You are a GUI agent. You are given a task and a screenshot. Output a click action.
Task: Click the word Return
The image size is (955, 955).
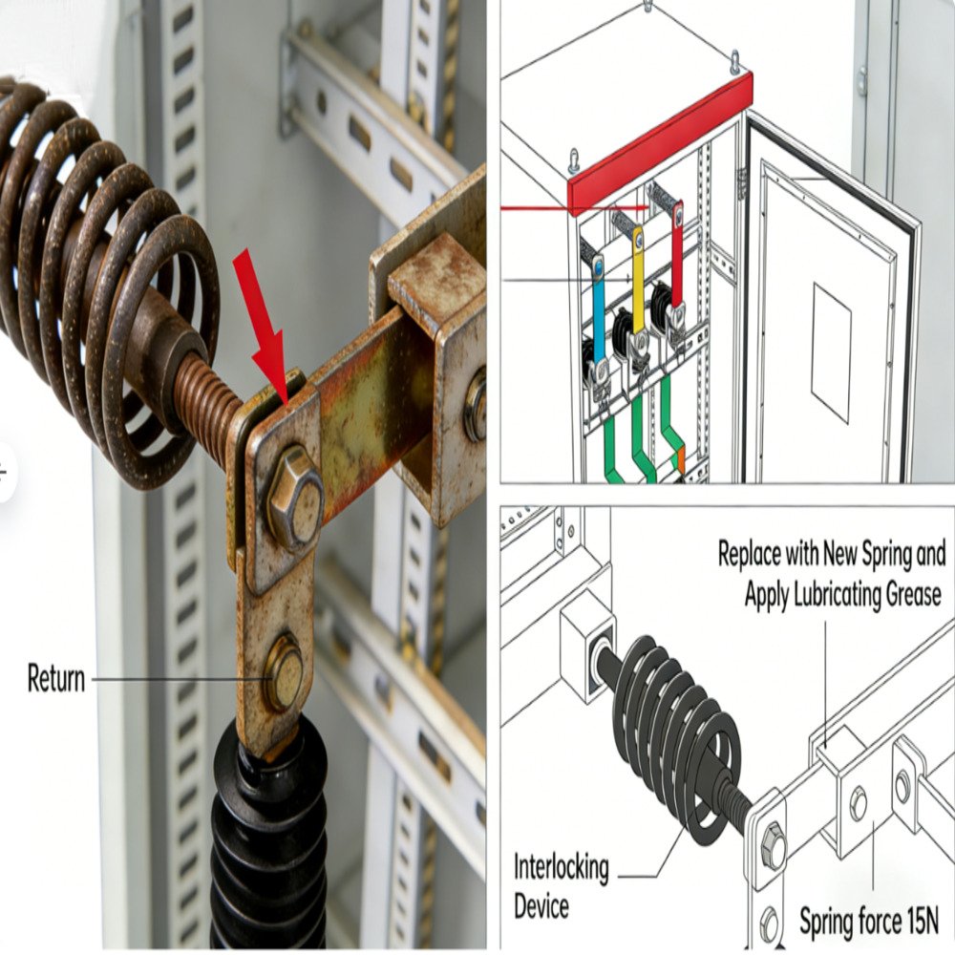point(55,679)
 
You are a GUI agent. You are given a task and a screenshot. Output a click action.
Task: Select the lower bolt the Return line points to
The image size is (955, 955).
point(284,672)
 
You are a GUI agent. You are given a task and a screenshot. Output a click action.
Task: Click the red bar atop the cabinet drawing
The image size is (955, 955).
point(659,143)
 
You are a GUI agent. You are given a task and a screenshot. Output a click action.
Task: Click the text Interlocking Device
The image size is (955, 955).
point(561,883)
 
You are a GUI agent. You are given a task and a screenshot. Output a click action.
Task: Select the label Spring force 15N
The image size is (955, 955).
point(868,922)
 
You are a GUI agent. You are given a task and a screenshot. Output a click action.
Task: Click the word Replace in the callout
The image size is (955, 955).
point(754,554)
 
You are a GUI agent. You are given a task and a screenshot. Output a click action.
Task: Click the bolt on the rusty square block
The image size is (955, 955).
point(475,406)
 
